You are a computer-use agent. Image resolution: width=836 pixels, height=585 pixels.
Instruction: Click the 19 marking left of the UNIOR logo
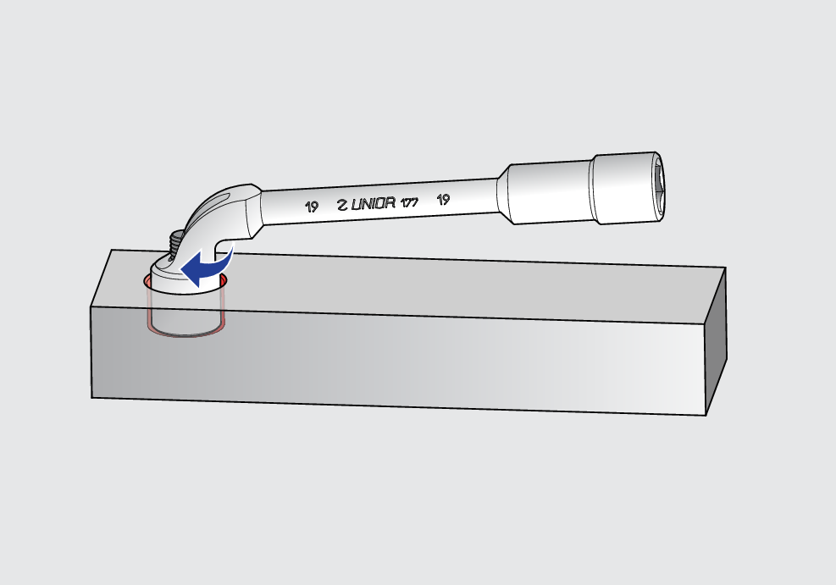[312, 206]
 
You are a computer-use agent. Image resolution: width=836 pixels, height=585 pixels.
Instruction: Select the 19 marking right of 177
[442, 200]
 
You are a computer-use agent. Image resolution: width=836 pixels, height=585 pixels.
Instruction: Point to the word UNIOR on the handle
[373, 204]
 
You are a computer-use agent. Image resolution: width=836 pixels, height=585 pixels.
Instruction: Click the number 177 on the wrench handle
[409, 202]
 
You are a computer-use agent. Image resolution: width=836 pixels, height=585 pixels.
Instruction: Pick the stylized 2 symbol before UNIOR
[342, 205]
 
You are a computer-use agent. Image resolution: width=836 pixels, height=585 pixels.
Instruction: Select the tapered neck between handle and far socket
[502, 196]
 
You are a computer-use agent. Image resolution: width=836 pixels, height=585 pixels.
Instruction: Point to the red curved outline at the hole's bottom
[186, 335]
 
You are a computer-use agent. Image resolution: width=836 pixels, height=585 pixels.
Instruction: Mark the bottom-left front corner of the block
[91, 396]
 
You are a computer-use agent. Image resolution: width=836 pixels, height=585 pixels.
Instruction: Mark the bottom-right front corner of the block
[706, 416]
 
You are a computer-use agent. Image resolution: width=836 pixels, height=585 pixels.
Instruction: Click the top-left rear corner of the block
[113, 250]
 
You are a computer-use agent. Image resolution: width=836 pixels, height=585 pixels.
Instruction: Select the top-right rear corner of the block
[727, 267]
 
